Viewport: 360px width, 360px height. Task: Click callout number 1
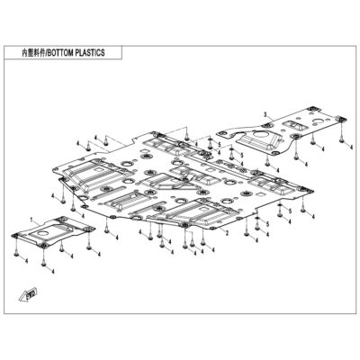click(x=32, y=220)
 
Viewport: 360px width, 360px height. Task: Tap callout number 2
click(x=227, y=233)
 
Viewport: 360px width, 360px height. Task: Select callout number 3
click(x=265, y=114)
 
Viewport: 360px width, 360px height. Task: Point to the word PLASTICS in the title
click(x=90, y=53)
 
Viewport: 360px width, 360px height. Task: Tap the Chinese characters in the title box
click(x=33, y=53)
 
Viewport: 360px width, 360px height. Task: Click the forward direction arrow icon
click(x=30, y=294)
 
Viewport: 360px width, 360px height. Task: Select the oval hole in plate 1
click(x=44, y=233)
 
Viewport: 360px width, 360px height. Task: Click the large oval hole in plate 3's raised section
click(x=259, y=134)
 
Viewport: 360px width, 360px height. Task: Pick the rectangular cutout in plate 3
click(x=292, y=123)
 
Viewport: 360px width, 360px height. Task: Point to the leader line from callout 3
click(x=270, y=118)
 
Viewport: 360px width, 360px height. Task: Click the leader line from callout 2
click(x=220, y=229)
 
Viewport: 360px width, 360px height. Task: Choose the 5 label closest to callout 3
click(x=242, y=155)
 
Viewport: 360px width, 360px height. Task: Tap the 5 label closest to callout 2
click(x=268, y=223)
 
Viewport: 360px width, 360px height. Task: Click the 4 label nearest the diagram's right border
click(x=351, y=146)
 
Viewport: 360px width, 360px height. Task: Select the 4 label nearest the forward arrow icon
click(x=27, y=261)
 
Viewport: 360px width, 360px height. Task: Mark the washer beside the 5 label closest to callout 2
click(x=257, y=218)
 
